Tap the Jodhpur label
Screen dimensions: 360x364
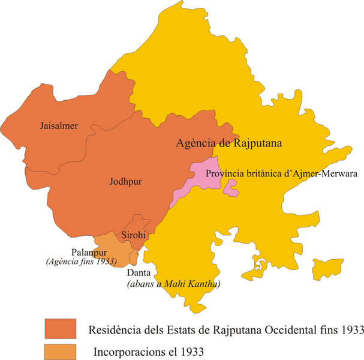click(125, 181)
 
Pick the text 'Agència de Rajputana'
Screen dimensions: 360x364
click(230, 144)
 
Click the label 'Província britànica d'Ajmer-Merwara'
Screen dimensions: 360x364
click(281, 174)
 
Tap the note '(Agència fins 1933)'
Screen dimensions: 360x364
click(81, 262)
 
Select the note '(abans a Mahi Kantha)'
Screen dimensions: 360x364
click(173, 284)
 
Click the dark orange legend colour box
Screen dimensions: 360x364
click(60, 329)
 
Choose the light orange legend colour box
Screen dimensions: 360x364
click(60, 350)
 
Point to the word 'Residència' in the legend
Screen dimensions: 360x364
click(112, 330)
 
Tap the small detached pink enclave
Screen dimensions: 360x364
click(230, 190)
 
